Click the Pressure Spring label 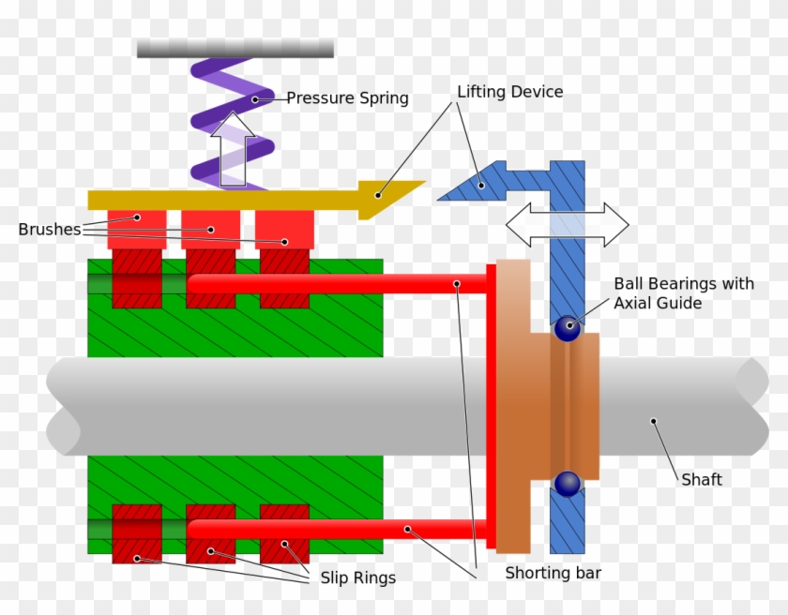click(347, 97)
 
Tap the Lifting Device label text click(509, 92)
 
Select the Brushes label click(49, 230)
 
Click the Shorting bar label click(552, 573)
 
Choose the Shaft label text click(702, 479)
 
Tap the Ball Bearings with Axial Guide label click(683, 293)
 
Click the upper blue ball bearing click(567, 327)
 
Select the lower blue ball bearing click(567, 483)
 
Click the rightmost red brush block click(284, 230)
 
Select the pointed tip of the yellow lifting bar click(394, 196)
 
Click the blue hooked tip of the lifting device click(468, 183)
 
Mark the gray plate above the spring click(235, 48)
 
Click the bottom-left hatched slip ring click(136, 533)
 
